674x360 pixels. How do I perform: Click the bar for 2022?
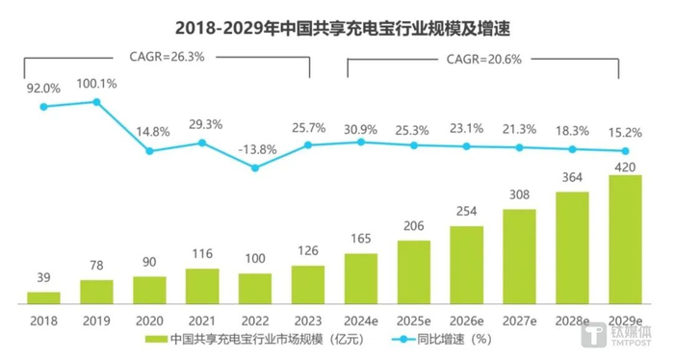pyautogui.click(x=254, y=288)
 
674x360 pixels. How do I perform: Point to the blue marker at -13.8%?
pyautogui.click(x=254, y=167)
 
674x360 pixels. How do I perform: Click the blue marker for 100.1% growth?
pyautogui.click(x=96, y=101)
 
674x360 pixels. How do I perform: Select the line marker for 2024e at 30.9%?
pyautogui.click(x=360, y=141)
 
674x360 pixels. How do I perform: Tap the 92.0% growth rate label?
pyautogui.click(x=43, y=89)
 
